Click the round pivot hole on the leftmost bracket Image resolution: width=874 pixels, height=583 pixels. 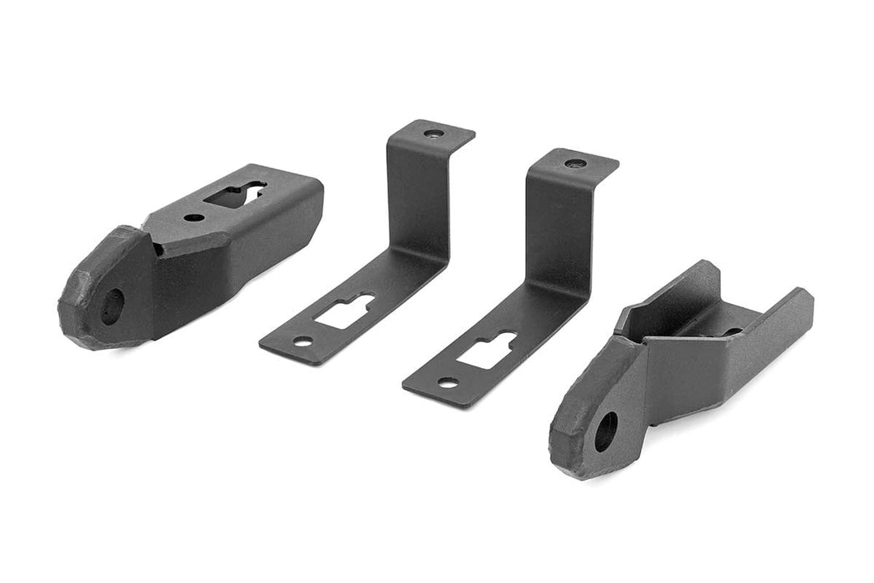pos(111,306)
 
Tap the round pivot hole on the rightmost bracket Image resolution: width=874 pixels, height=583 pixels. pos(606,431)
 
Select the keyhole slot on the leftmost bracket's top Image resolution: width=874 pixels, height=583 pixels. pos(236,194)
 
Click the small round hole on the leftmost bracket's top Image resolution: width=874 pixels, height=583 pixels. pos(193,217)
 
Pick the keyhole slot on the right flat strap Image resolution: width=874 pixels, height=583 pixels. pos(487,350)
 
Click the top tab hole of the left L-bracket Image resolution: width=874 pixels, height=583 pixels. pos(430,133)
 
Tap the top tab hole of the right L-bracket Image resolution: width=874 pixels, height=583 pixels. pos(574,163)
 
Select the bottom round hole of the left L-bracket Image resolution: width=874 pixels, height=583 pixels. pos(302,341)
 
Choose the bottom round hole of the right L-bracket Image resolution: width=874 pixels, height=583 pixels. pos(448,383)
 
